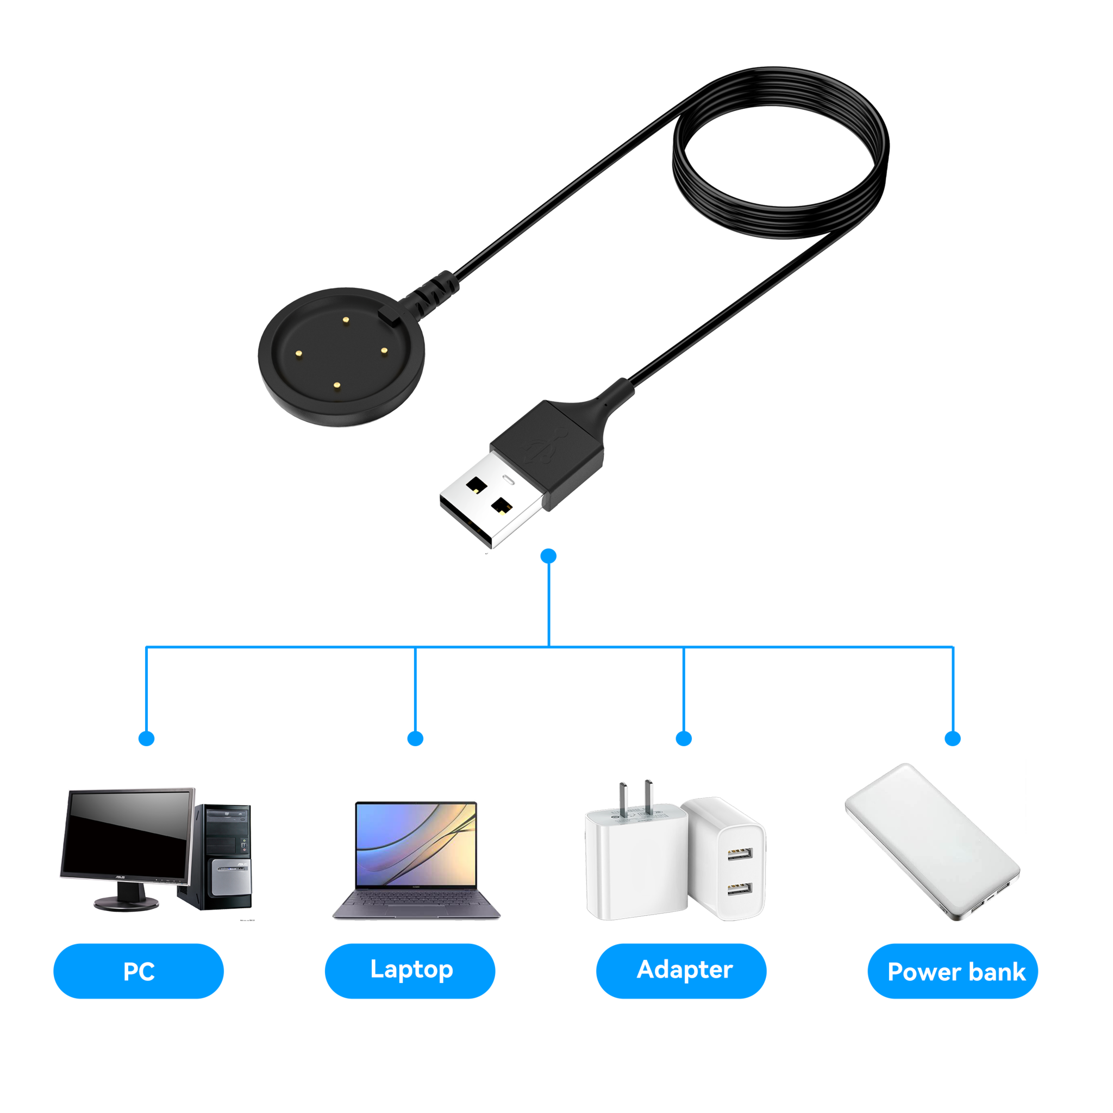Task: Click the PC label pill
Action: (x=138, y=971)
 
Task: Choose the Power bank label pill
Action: (x=953, y=971)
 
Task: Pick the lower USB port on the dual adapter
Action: (x=740, y=890)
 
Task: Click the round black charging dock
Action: (x=341, y=357)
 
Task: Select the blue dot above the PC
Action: (x=147, y=739)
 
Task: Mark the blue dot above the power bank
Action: (x=953, y=739)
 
